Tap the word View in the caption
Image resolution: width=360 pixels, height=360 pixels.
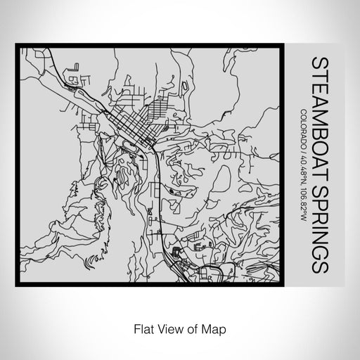(x=166, y=328)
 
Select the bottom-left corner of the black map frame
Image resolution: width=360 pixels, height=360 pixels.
(x=17, y=284)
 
